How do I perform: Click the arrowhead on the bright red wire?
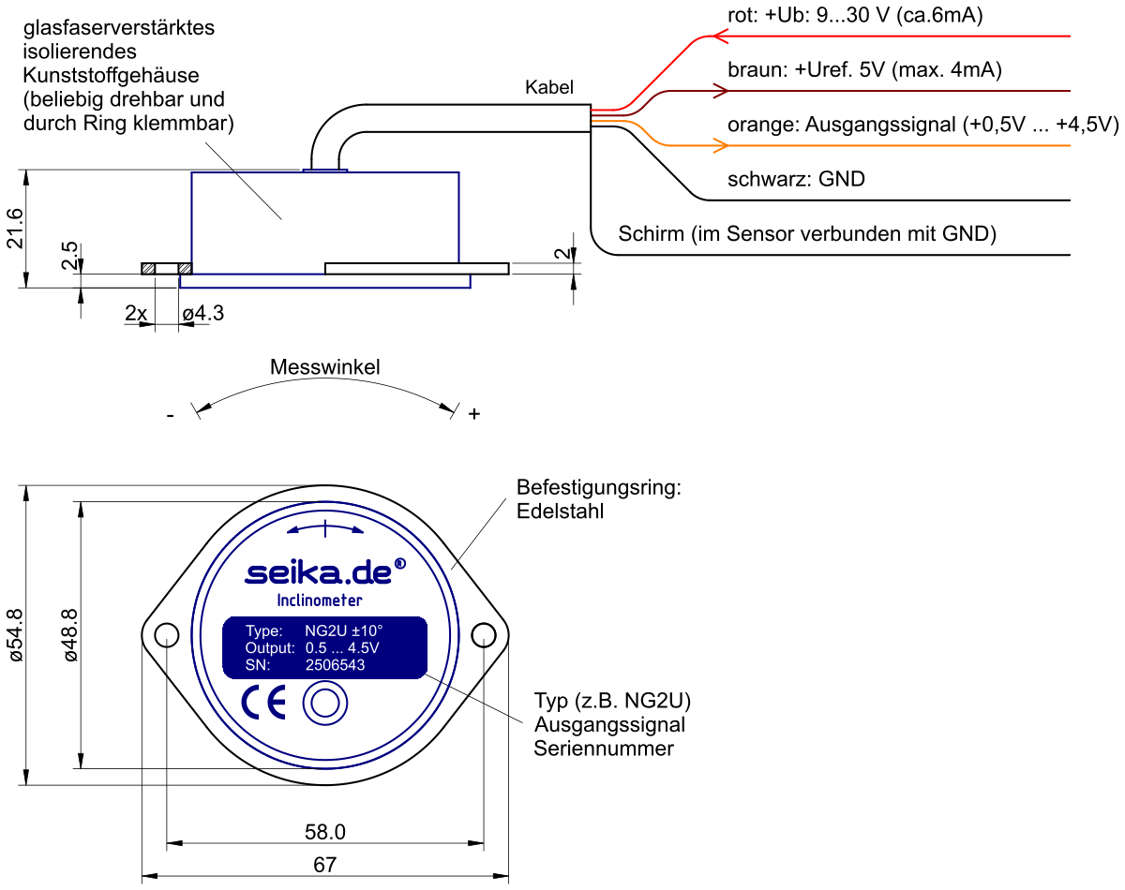tap(720, 37)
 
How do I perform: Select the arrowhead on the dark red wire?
tap(720, 91)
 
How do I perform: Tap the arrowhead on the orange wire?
tap(720, 145)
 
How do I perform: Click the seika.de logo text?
tap(318, 572)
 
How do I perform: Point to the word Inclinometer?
tap(320, 601)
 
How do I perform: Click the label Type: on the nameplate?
tap(263, 631)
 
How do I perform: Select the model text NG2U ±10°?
tap(344, 631)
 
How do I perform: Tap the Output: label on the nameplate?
tap(270, 648)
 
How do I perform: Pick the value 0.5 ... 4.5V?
tap(342, 648)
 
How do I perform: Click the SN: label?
tap(258, 665)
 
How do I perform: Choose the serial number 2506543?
tap(335, 665)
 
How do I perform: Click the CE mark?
tap(263, 703)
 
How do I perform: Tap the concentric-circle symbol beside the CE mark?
tap(324, 704)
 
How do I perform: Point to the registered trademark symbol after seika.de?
tap(400, 563)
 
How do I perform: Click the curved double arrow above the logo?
tap(324, 529)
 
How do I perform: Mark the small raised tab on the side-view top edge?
tap(325, 171)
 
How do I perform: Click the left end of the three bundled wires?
tap(594, 115)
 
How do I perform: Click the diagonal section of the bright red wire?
tap(666, 70)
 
